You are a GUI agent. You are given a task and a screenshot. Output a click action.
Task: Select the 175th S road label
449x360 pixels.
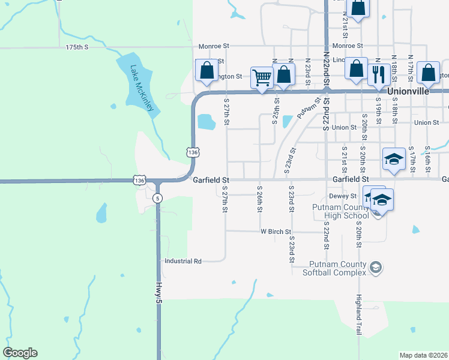77,46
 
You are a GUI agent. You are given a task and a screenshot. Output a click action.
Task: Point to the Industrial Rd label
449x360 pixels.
183,261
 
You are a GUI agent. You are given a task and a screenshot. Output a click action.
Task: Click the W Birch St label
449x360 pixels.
276,232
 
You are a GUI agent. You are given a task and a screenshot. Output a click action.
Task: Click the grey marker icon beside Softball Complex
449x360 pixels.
375,266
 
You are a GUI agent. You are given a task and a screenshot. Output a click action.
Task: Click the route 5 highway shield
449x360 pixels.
157,197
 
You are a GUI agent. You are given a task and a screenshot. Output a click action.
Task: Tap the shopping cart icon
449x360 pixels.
262,77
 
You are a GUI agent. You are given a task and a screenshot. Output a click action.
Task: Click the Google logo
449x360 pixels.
20,353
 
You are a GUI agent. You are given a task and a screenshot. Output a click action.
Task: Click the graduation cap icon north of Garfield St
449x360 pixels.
394,159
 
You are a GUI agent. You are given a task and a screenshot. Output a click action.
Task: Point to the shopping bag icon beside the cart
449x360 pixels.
284,75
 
